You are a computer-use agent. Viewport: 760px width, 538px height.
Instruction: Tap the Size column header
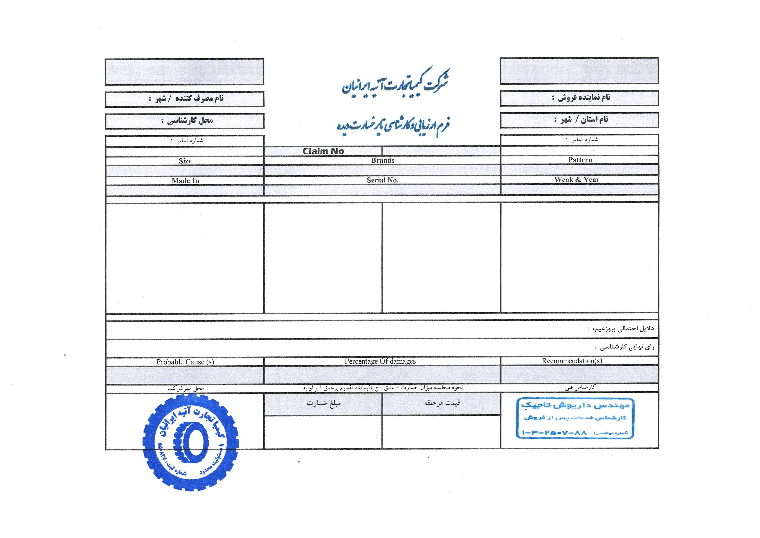(185, 161)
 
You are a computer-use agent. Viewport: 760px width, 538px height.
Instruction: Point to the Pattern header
(580, 160)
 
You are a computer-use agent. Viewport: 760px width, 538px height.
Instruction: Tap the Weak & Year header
(577, 180)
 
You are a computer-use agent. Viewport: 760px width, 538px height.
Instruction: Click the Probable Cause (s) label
(185, 362)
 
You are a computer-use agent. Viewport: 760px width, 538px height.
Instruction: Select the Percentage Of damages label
(380, 361)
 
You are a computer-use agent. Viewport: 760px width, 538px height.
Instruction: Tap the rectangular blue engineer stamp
(575, 418)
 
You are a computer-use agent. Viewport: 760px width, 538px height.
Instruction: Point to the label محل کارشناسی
(187, 121)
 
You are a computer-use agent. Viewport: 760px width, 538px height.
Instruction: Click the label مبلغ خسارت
(324, 403)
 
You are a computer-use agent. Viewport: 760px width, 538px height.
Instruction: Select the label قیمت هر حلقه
(442, 403)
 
